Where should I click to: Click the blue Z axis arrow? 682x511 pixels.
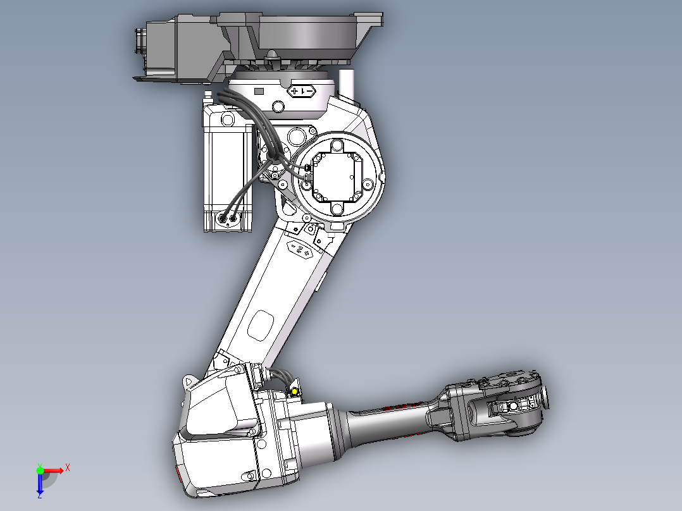click(40, 484)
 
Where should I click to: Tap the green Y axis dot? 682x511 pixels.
click(40, 470)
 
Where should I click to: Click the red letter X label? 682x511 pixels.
click(68, 467)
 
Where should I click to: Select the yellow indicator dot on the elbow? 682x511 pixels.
click(294, 392)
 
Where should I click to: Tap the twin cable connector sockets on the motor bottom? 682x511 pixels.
click(228, 219)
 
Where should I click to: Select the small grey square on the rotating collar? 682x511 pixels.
click(258, 92)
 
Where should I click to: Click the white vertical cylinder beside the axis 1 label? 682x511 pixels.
click(347, 83)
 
